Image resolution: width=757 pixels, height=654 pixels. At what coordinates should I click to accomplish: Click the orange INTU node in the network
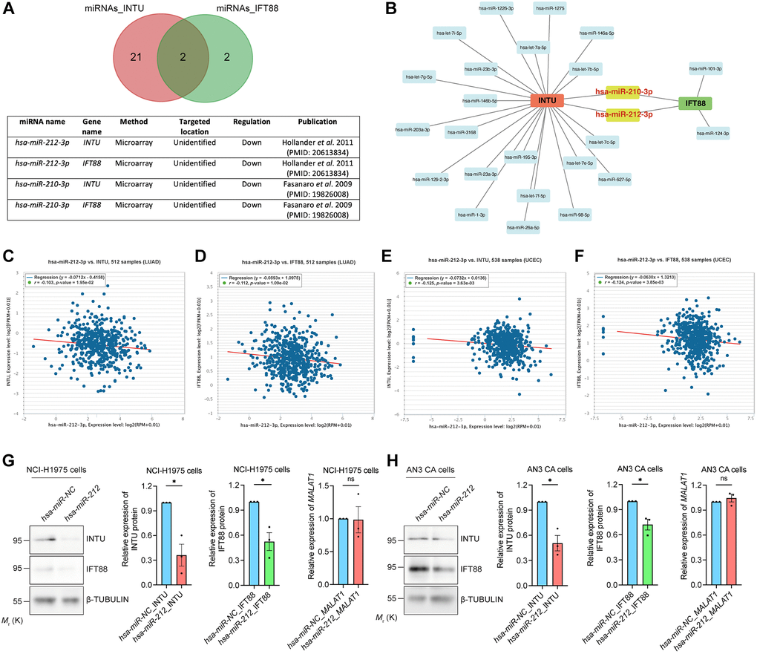click(x=548, y=101)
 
